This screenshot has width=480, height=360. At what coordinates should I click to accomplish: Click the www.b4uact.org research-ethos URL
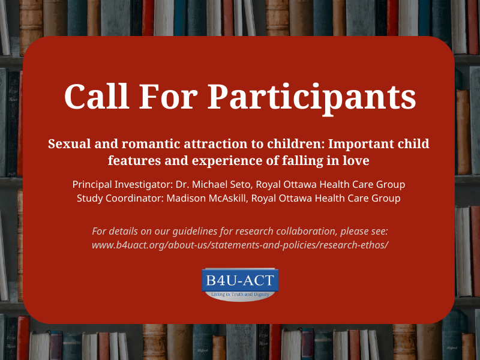[x=240, y=245]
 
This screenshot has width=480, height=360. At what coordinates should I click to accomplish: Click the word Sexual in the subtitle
[x=67, y=145]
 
